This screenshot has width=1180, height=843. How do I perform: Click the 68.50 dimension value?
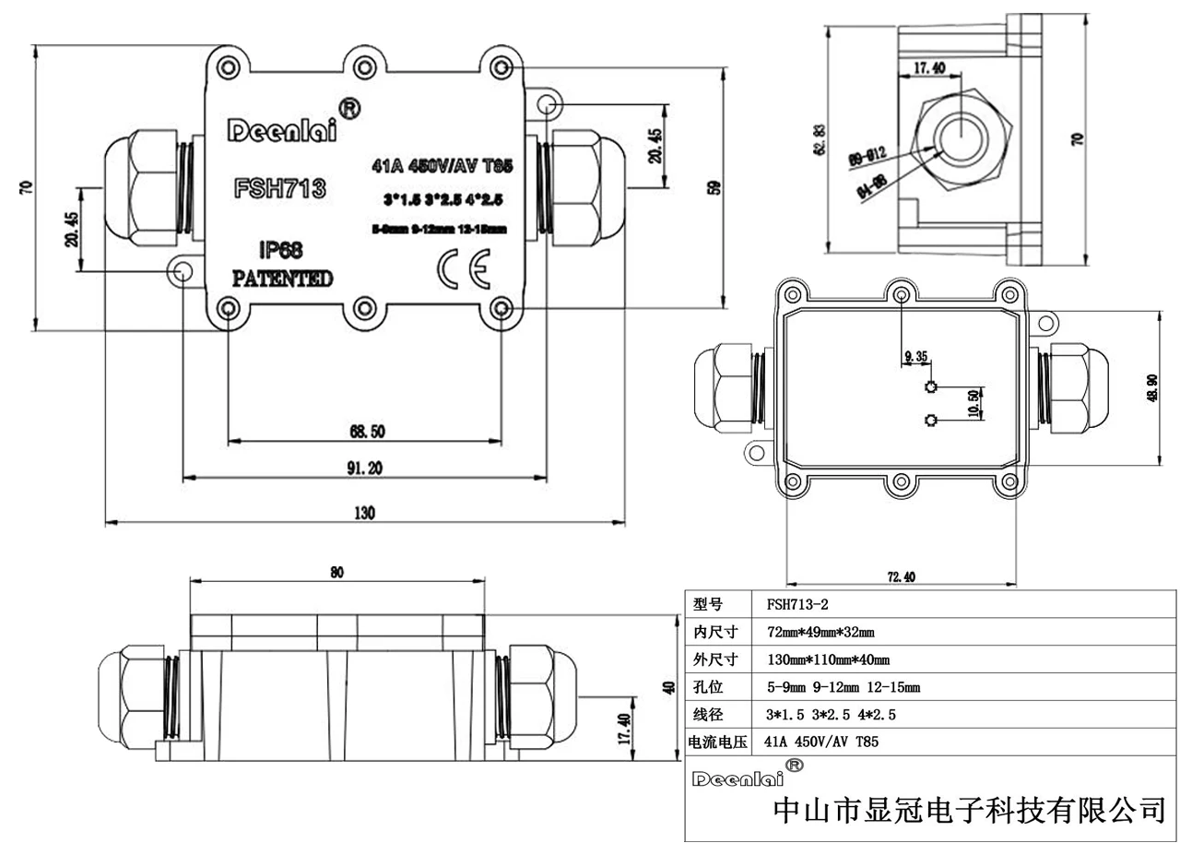click(x=366, y=431)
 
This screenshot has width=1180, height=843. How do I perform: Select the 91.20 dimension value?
click(x=365, y=469)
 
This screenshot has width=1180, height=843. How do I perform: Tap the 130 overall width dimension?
click(x=365, y=514)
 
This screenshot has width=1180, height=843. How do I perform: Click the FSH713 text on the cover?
click(x=280, y=188)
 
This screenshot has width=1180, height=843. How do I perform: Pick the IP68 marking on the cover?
click(x=281, y=250)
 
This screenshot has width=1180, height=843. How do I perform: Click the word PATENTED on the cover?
click(x=281, y=279)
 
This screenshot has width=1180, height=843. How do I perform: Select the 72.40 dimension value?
click(x=901, y=577)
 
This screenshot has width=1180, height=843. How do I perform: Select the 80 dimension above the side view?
click(x=336, y=573)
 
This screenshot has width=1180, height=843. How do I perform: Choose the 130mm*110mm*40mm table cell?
click(x=828, y=659)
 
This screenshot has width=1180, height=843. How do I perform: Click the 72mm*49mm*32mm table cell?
click(x=820, y=633)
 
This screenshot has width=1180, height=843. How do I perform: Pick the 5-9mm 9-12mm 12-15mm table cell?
click(x=843, y=687)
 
